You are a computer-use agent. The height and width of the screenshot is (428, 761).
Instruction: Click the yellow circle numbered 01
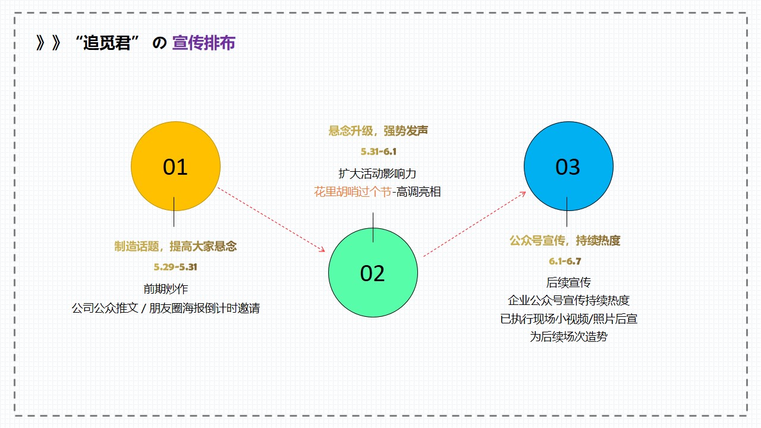[x=175, y=166]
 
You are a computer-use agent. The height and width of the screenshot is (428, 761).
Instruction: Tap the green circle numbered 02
[x=373, y=272]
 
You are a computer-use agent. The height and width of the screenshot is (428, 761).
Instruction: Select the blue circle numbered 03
[x=568, y=166]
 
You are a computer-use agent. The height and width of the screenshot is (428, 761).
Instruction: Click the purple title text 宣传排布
[x=203, y=43]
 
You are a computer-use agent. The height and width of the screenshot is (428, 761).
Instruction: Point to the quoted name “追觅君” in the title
[x=106, y=43]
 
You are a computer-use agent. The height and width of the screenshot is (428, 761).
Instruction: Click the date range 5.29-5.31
[x=175, y=267]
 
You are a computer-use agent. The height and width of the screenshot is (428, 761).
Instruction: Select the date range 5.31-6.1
[x=379, y=152]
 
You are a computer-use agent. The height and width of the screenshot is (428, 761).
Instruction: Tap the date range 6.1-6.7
[x=565, y=261]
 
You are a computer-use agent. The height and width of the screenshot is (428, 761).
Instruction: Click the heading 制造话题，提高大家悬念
[x=175, y=246]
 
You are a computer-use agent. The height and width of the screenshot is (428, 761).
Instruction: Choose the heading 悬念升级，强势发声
[x=378, y=131]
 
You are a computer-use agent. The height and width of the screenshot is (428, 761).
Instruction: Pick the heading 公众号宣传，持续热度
[x=565, y=241]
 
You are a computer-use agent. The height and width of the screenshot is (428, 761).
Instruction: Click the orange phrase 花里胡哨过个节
[x=353, y=192]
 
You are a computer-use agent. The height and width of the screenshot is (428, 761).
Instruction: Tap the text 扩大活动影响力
[x=378, y=174]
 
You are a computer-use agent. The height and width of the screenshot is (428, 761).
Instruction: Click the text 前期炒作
[x=166, y=289]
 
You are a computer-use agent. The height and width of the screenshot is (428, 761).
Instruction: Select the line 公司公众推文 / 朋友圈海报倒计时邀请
[x=166, y=308]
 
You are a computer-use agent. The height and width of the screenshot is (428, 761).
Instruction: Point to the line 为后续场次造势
[x=568, y=336]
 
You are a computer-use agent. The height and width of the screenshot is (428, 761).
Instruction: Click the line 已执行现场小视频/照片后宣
[x=568, y=319]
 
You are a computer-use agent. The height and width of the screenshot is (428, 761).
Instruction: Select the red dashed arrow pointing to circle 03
[x=474, y=224]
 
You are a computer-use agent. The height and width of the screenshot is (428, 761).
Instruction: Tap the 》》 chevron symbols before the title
[x=49, y=43]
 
